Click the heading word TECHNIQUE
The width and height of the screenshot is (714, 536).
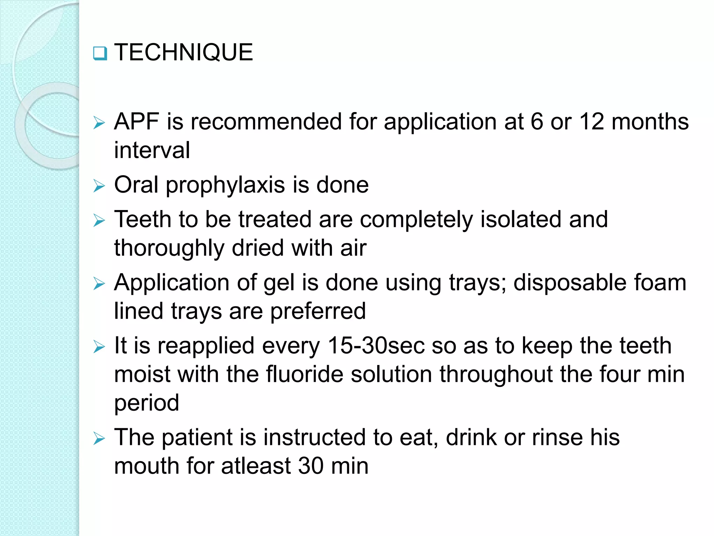(x=183, y=52)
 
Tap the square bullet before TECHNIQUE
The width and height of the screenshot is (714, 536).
(x=100, y=53)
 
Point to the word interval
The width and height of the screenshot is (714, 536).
(x=152, y=150)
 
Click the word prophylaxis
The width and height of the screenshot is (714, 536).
(x=225, y=185)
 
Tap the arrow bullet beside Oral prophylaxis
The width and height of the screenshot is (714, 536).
(x=99, y=186)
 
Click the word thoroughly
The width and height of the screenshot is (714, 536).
(x=169, y=248)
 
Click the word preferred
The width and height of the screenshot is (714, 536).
(x=318, y=311)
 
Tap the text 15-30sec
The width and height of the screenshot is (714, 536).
(x=376, y=346)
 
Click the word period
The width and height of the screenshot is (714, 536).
(x=147, y=403)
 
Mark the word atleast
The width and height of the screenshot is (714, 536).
(x=256, y=466)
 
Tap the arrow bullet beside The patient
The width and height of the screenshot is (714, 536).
(x=99, y=439)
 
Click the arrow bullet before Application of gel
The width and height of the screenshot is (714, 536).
(x=99, y=284)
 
